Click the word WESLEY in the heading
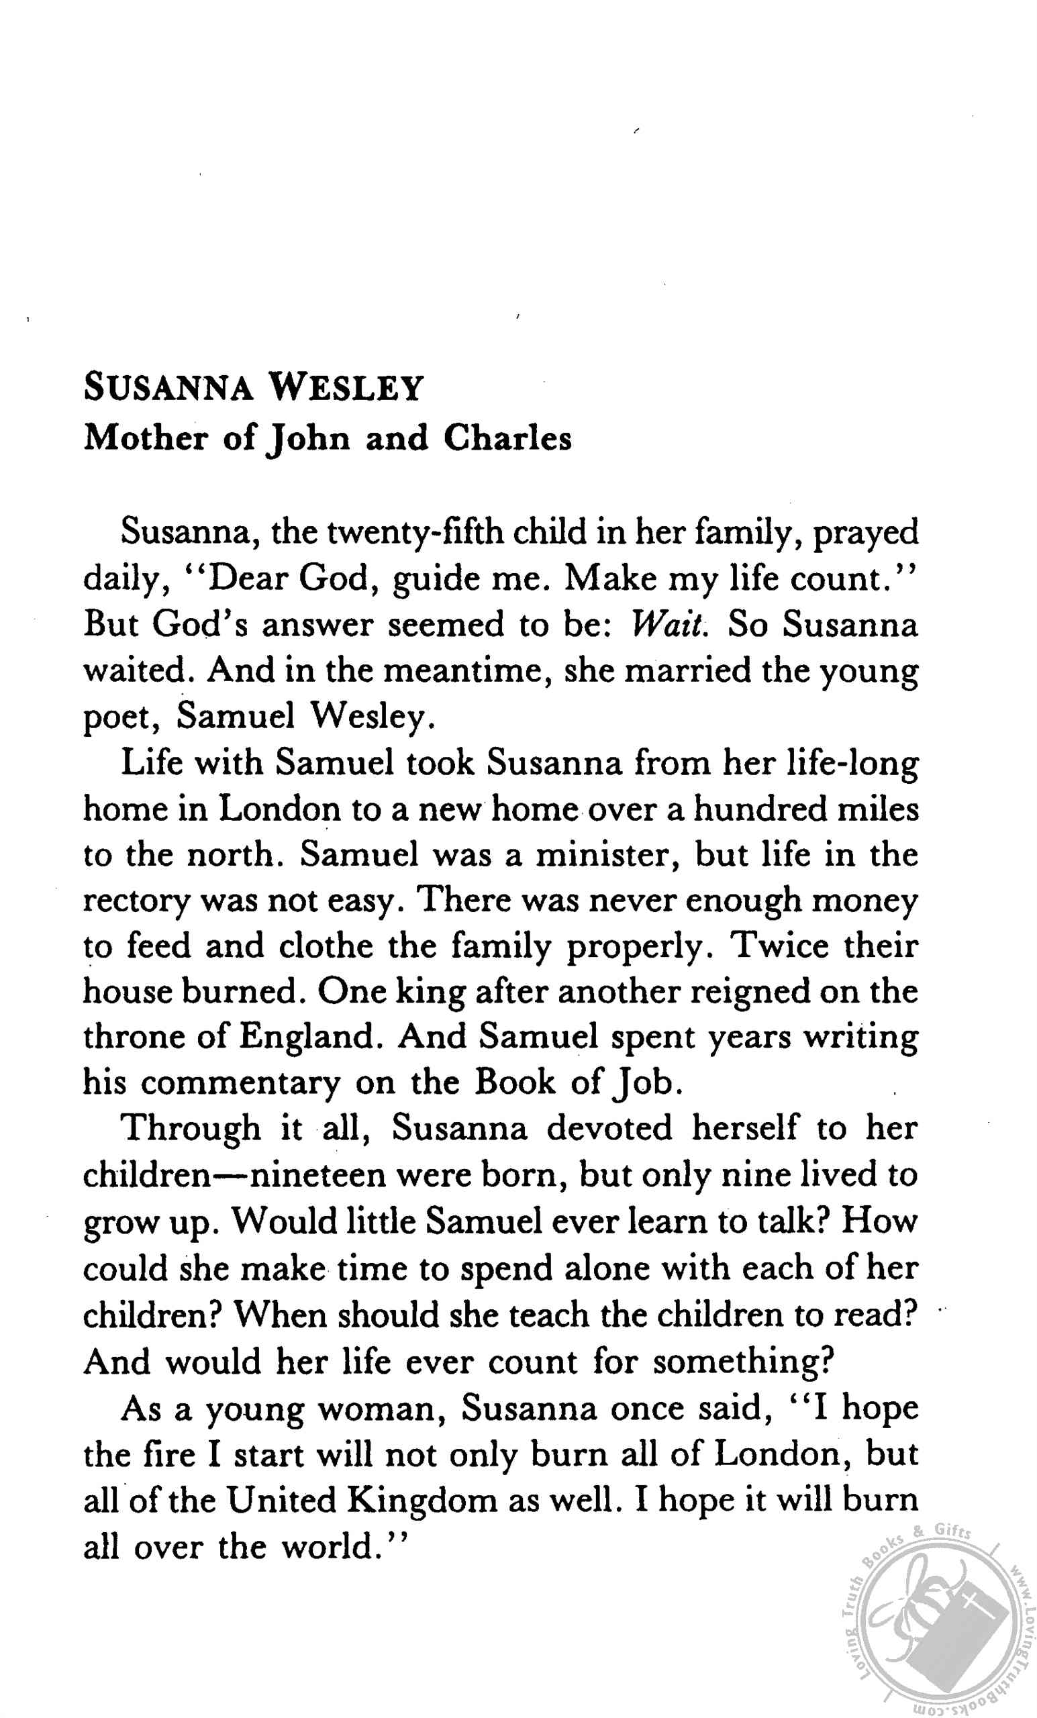346,388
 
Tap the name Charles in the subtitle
507,439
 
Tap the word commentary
240,1084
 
